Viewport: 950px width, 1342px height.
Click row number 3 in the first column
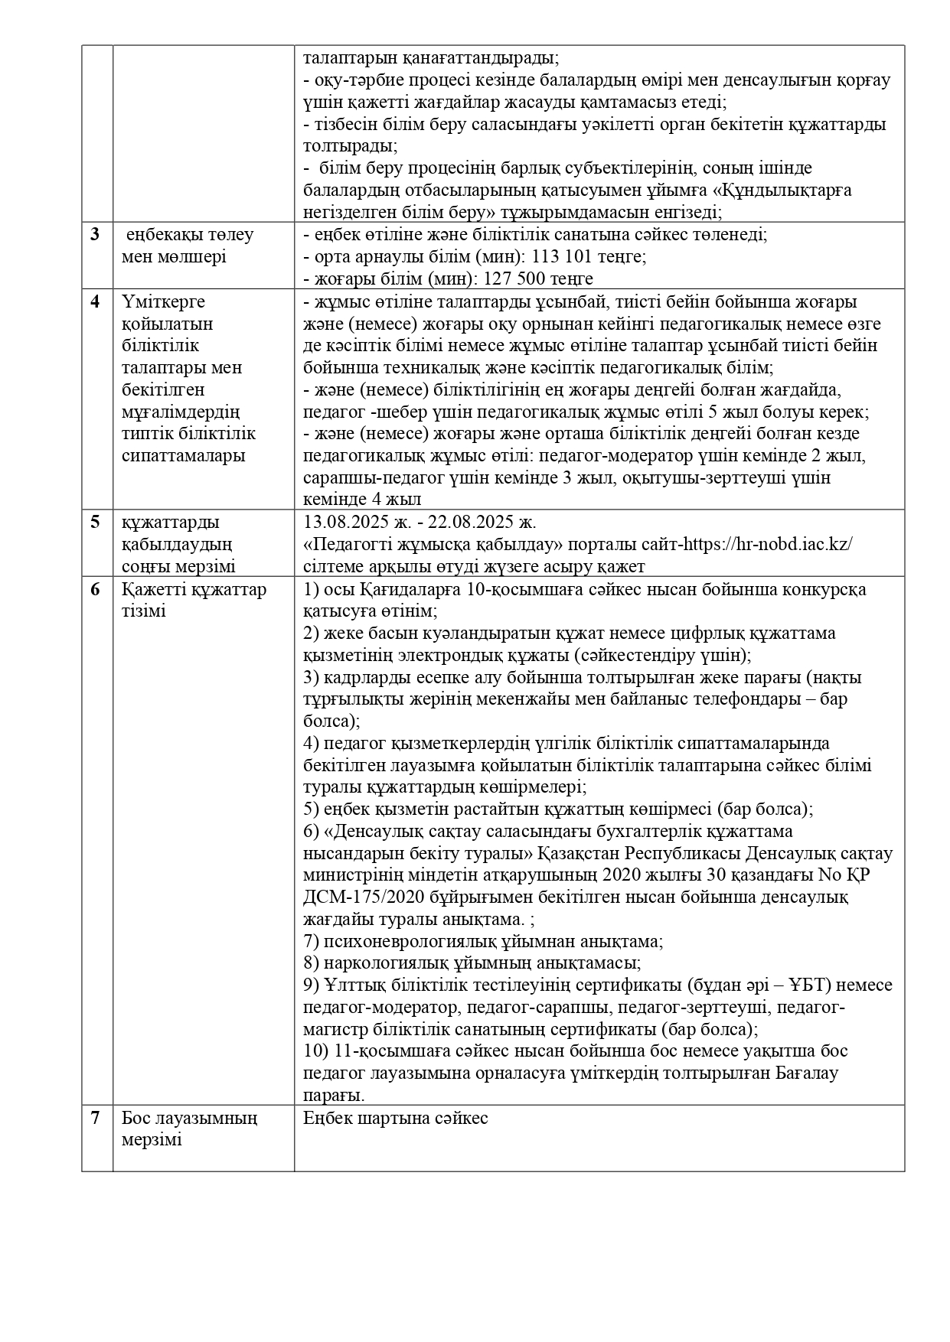click(95, 235)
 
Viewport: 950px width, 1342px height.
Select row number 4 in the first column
click(95, 301)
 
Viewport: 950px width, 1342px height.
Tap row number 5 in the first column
click(95, 523)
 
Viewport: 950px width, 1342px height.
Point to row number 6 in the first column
click(95, 590)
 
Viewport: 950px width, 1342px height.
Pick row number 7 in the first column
click(95, 1118)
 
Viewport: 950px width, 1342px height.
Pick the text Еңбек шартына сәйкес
click(396, 1118)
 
